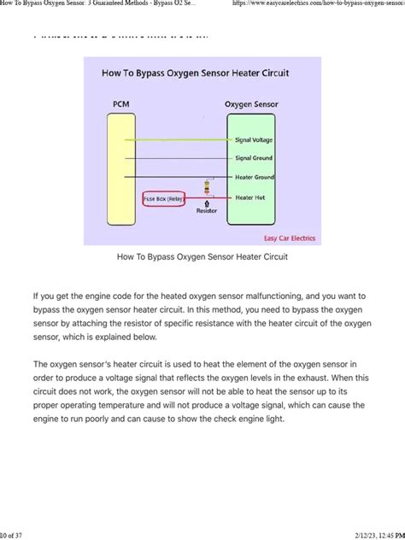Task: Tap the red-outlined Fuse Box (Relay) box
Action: click(163, 198)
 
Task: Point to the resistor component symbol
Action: click(206, 188)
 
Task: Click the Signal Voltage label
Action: click(253, 139)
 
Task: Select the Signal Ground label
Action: click(254, 158)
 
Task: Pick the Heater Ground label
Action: click(254, 177)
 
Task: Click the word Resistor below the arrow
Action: click(206, 210)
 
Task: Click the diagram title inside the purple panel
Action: click(202, 73)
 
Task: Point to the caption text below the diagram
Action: click(202, 256)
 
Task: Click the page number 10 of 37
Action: click(14, 534)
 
